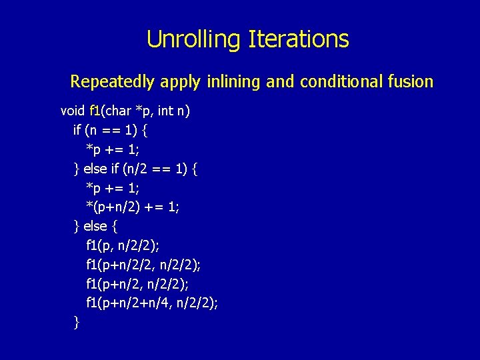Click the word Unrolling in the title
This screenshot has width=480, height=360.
(194, 39)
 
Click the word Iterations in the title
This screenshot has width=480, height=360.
(298, 39)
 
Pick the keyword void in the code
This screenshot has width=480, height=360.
(73, 110)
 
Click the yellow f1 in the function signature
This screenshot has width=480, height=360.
(94, 110)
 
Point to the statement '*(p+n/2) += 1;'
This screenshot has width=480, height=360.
(133, 207)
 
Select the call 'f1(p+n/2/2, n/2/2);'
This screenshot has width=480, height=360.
(143, 265)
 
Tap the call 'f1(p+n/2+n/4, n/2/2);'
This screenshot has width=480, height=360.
(152, 303)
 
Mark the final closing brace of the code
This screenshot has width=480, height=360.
(76, 323)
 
